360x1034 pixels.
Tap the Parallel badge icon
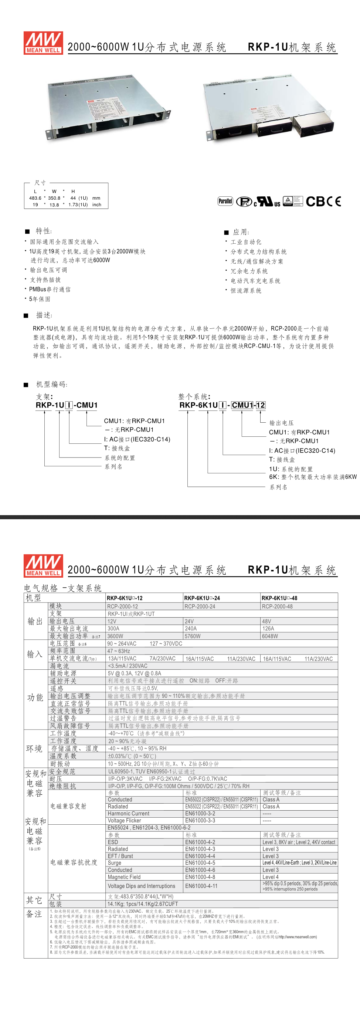point(225,201)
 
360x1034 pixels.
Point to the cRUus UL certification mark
point(267,202)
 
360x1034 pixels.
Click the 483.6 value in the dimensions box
point(35,198)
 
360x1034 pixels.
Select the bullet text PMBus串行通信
point(50,290)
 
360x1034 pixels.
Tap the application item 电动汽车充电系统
point(255,281)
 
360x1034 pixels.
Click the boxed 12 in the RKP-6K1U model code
point(261,405)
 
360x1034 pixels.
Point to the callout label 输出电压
point(281,423)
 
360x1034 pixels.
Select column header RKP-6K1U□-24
point(202,598)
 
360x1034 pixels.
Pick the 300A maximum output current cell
point(113,629)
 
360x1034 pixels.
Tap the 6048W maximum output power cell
point(270,636)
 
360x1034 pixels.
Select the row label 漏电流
point(60,666)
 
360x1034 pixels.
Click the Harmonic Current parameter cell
point(128,814)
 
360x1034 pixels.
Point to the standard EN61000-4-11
point(201,886)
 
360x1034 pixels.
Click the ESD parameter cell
point(113,842)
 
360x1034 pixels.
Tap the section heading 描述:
point(44,315)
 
